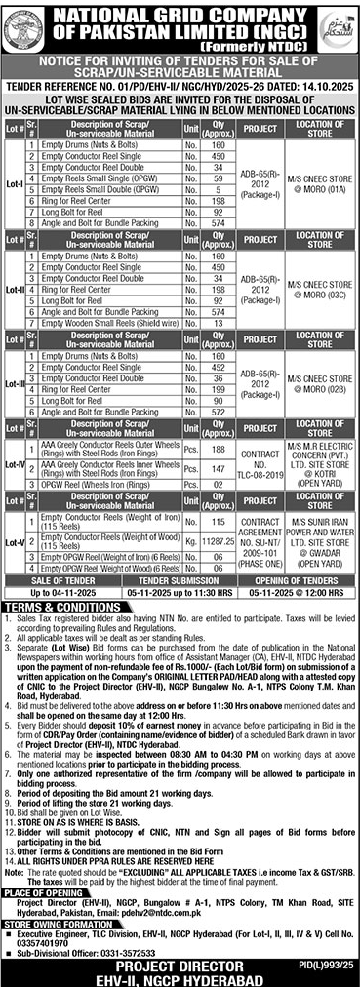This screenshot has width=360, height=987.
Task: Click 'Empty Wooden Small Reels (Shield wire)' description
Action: [x=109, y=375]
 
